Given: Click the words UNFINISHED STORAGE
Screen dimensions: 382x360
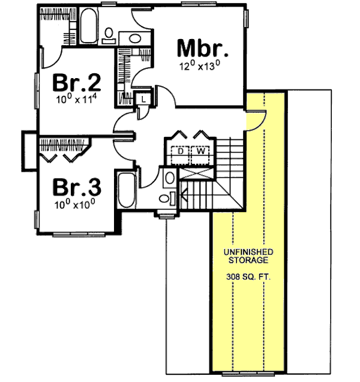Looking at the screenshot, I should pyautogui.click(x=250, y=256).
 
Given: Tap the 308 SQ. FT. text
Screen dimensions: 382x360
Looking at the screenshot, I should pyautogui.click(x=250, y=278).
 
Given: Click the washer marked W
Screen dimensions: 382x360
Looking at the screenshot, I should pyautogui.click(x=200, y=153).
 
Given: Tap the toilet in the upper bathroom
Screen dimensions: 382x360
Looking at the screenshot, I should pyautogui.click(x=110, y=36).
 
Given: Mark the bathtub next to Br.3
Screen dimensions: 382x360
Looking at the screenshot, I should pyautogui.click(x=127, y=189).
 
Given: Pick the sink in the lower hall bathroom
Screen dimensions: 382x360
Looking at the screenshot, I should pyautogui.click(x=169, y=178).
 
